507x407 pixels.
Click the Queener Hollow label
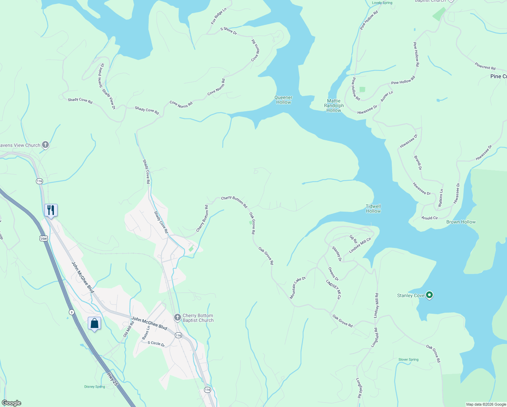pyautogui.click(x=283, y=100)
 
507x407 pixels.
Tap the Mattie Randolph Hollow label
pyautogui.click(x=334, y=105)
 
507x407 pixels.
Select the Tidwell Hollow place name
pyautogui.click(x=373, y=209)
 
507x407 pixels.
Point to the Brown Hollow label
pyautogui.click(x=461, y=222)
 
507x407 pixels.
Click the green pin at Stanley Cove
pyautogui.click(x=429, y=295)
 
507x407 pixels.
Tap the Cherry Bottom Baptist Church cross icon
pyautogui.click(x=177, y=317)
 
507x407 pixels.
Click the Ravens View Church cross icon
pyautogui.click(x=45, y=145)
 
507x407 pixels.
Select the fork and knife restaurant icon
pyautogui.click(x=51, y=210)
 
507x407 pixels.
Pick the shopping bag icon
pyautogui.click(x=94, y=323)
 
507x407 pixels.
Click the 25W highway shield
pyautogui.click(x=44, y=238)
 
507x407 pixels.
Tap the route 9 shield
pyautogui.click(x=71, y=312)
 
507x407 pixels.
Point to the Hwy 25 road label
pyautogui.click(x=112, y=379)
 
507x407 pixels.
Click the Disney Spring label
pyautogui.click(x=95, y=387)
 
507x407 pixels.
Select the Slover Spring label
pyautogui.click(x=408, y=360)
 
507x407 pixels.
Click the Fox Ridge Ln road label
pyautogui.click(x=218, y=16)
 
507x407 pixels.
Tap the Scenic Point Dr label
pyautogui.click(x=101, y=75)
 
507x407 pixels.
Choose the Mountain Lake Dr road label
pyautogui.click(x=298, y=288)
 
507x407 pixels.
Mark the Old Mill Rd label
pyautogui.click(x=128, y=329)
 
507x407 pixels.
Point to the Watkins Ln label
pyautogui.click(x=440, y=198)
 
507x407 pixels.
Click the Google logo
pyautogui.click(x=12, y=403)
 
